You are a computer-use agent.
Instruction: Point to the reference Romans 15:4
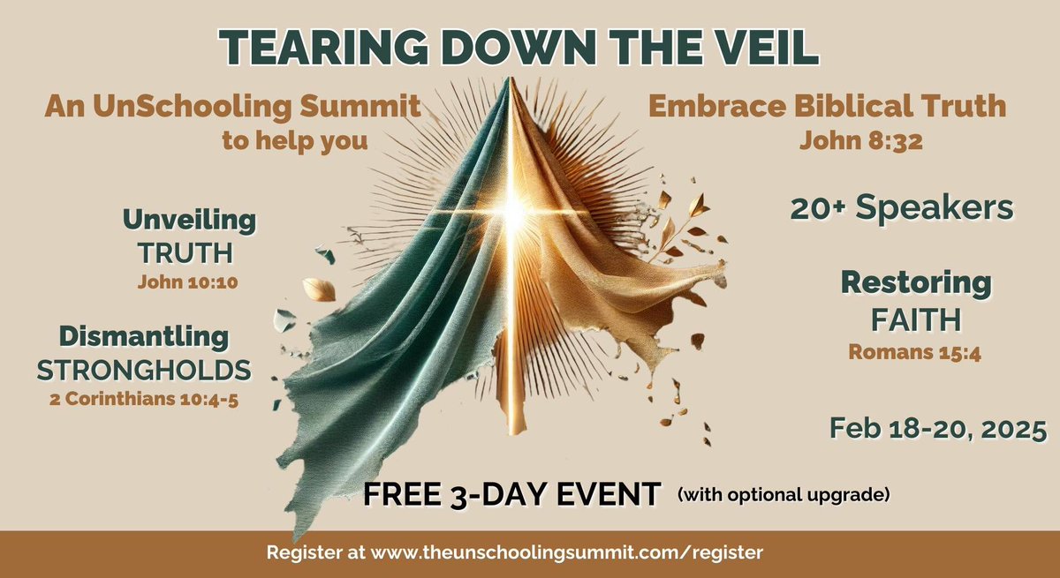pyautogui.click(x=916, y=351)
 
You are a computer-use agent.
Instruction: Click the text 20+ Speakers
pyautogui.click(x=900, y=208)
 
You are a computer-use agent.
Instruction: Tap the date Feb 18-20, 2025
pyautogui.click(x=938, y=428)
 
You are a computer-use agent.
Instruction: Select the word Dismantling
pyautogui.click(x=144, y=336)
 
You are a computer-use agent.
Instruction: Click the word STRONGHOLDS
pyautogui.click(x=144, y=370)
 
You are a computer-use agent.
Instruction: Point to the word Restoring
pyautogui.click(x=916, y=283)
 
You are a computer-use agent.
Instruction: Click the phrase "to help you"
pyautogui.click(x=295, y=140)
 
